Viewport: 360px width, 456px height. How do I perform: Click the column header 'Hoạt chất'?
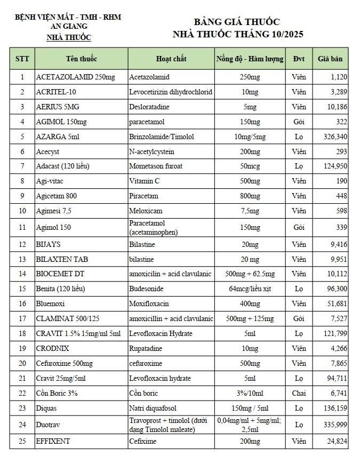[x=171, y=59]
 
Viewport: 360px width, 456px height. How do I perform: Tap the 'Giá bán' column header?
[x=330, y=59]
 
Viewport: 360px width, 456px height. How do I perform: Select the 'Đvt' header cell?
[x=299, y=59]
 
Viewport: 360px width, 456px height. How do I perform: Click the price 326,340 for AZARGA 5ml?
[x=335, y=137]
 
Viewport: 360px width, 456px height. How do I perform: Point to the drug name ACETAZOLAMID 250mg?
[x=75, y=77]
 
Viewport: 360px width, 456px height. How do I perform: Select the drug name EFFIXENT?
[x=53, y=442]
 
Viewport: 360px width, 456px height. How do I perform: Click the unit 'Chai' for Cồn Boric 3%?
[x=299, y=394]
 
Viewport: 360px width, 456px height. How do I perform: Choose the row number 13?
[x=22, y=259]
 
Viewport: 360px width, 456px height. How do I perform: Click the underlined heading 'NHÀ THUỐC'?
[x=69, y=37]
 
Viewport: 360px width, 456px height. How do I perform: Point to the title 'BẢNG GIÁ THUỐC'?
[x=237, y=22]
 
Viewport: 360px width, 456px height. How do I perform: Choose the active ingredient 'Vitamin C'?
[x=144, y=181]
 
